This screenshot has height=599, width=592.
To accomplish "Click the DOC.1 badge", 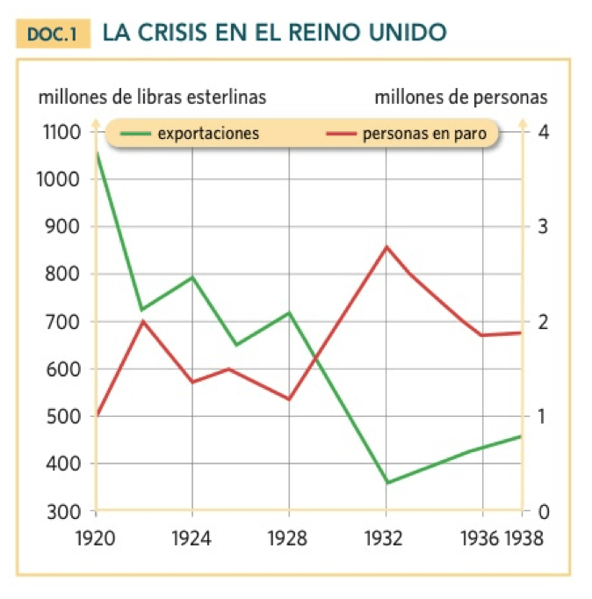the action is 53,33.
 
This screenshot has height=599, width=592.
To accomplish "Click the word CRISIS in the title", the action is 172,32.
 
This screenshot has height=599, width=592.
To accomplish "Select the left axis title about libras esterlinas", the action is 152,97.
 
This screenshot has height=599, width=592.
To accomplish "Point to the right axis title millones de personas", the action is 461,98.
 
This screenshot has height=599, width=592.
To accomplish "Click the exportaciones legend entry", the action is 190,134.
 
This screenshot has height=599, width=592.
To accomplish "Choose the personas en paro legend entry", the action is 407,134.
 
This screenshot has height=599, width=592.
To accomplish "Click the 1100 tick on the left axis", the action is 61,132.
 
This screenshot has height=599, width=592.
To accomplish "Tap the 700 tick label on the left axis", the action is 63,322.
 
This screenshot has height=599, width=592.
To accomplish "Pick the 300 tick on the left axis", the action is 64,512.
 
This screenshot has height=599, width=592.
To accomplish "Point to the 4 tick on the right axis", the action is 543,132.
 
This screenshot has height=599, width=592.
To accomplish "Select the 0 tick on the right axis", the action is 544,512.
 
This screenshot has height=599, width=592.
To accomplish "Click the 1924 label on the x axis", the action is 191,538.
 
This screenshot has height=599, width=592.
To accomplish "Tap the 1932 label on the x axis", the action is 384,538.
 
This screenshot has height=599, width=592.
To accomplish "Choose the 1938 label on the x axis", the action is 523,538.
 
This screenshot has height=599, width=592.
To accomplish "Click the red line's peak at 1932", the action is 386,247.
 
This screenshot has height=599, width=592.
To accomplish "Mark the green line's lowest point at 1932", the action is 386,483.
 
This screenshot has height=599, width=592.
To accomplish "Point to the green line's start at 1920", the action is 97,152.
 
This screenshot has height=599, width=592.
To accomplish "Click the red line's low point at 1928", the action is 289,399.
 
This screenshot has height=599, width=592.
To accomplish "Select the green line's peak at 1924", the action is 192,277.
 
